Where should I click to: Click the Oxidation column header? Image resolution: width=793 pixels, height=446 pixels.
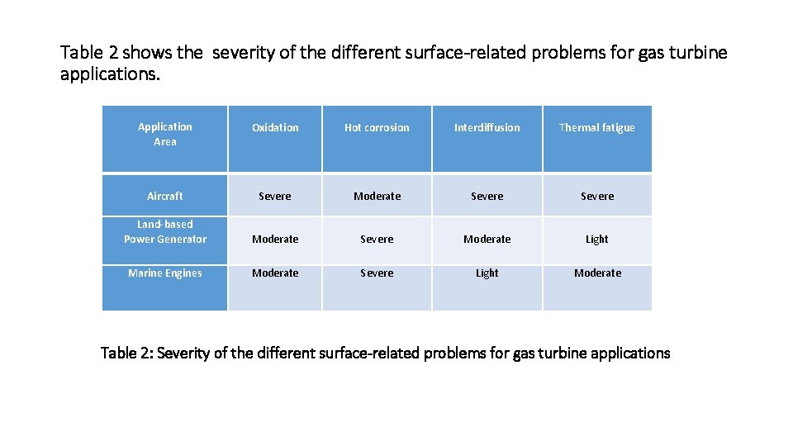[x=275, y=128]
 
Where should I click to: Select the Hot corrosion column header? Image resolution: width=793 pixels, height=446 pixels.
[x=377, y=128]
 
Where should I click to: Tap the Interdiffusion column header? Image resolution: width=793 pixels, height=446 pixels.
[x=487, y=128]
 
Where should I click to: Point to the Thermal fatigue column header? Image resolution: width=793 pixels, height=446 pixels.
[x=596, y=128]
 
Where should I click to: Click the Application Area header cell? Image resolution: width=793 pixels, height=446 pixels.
[x=164, y=135]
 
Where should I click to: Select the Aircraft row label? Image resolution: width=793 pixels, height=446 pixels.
[x=164, y=197]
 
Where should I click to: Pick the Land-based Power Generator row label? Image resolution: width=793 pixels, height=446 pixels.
[x=164, y=232]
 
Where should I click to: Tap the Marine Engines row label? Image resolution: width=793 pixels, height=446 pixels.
[x=164, y=273]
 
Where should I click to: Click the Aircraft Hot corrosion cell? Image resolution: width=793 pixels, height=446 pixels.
[x=377, y=197]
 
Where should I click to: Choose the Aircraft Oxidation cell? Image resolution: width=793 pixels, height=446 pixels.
[x=275, y=197]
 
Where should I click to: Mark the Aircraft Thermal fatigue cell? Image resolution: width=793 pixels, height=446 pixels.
[x=596, y=197]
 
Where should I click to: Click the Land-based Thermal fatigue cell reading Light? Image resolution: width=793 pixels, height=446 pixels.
[x=596, y=240]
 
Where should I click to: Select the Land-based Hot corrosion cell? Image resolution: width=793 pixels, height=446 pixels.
[x=377, y=240]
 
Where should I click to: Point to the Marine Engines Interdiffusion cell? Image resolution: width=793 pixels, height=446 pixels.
[x=487, y=273]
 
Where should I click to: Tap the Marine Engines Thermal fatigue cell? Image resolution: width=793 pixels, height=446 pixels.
[x=596, y=273]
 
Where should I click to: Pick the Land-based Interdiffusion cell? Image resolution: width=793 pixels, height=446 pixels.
[x=487, y=240]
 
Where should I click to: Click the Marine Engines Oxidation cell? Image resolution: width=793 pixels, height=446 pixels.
[x=275, y=273]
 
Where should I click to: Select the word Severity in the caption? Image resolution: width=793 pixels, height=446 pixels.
[x=184, y=353]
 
